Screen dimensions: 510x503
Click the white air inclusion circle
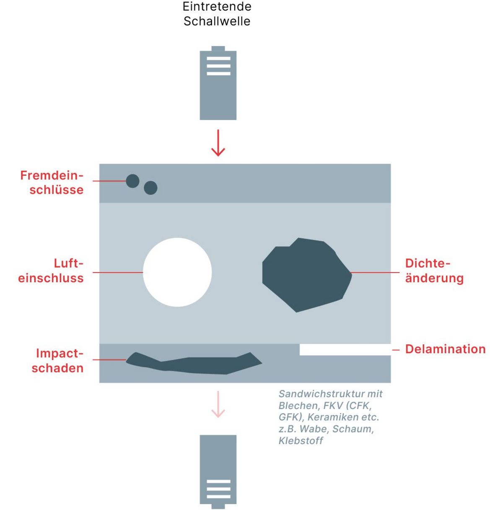click(x=177, y=272)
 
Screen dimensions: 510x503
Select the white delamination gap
click(x=345, y=349)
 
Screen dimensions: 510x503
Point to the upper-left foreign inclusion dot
click(x=132, y=181)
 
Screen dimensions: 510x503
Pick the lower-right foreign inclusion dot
click(x=150, y=188)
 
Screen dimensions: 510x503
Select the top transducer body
click(x=218, y=86)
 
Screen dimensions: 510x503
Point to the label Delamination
click(x=445, y=349)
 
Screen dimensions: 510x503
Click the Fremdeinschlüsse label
click(x=52, y=182)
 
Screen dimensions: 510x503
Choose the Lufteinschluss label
click(x=51, y=271)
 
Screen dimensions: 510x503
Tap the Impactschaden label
click(x=58, y=361)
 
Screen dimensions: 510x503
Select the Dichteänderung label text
click(x=434, y=271)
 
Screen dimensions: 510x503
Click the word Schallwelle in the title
click(x=217, y=21)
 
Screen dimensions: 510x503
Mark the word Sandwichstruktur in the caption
click(x=321, y=394)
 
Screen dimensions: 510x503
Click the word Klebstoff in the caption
click(x=301, y=441)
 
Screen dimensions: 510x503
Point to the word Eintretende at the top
click(x=217, y=7)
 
